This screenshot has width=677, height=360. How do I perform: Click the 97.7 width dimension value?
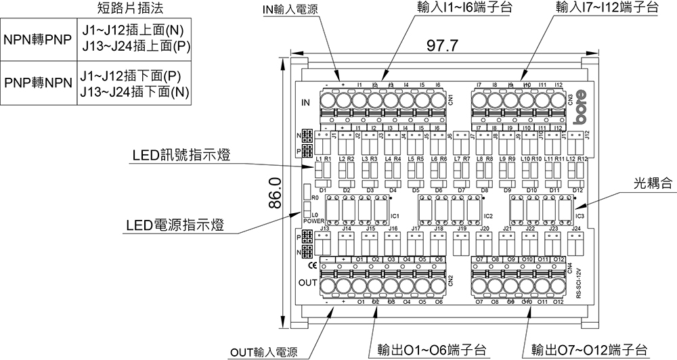pyautogui.click(x=444, y=47)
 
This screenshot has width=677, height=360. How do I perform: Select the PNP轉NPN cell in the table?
pyautogui.click(x=37, y=83)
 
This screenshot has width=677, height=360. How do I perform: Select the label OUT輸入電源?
pyautogui.click(x=263, y=352)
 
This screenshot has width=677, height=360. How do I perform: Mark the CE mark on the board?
pyautogui.click(x=303, y=265)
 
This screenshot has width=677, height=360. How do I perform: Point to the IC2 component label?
pyautogui.click(x=487, y=215)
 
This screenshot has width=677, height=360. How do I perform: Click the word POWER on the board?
pyautogui.click(x=314, y=221)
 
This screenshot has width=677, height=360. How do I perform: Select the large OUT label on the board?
pyautogui.click(x=307, y=282)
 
